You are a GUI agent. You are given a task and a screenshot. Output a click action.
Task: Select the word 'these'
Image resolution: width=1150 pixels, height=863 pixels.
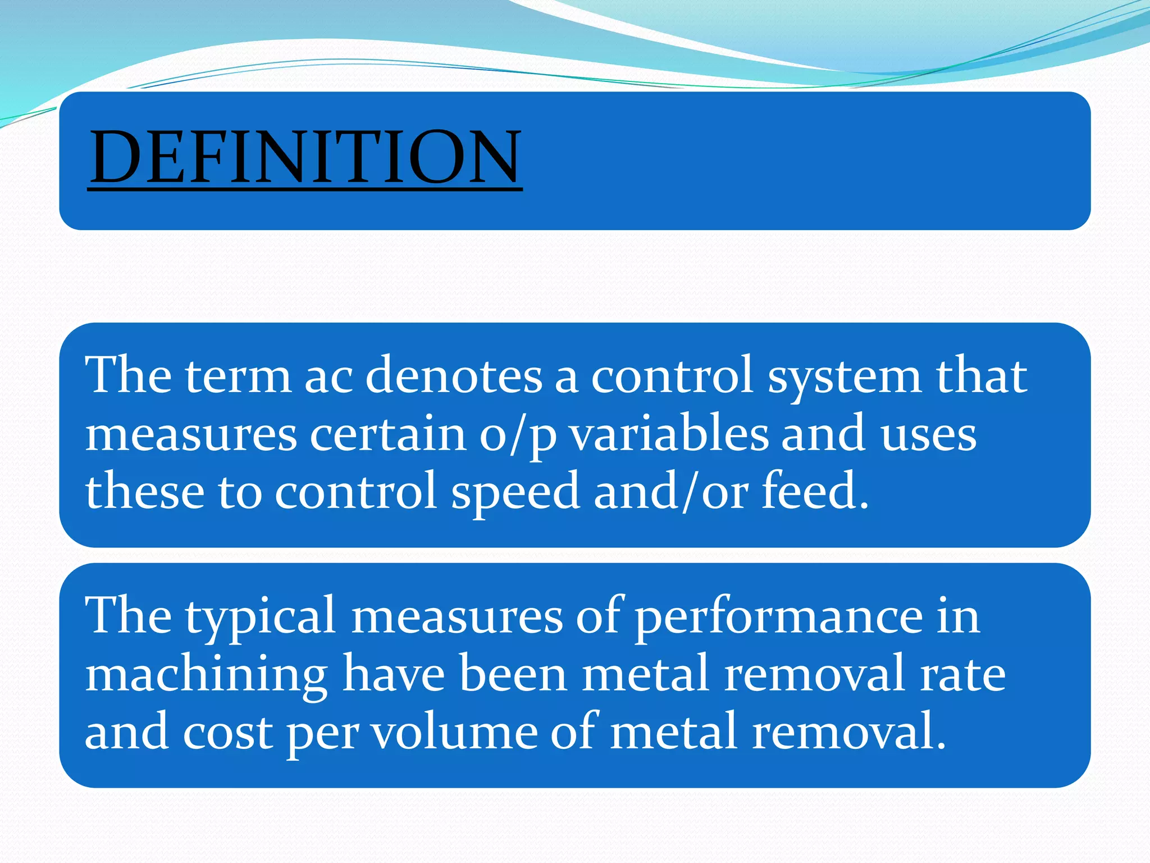point(144,491)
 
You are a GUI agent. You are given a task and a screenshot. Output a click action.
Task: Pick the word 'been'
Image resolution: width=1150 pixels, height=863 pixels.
point(513,674)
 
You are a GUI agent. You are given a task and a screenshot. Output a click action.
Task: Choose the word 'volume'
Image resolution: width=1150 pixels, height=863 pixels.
point(455,732)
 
